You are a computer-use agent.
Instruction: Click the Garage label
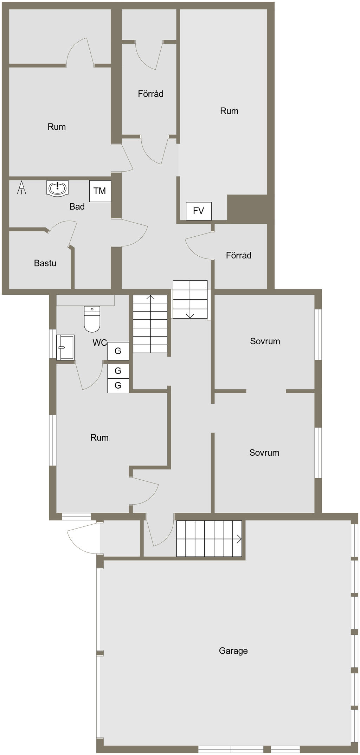(x=233, y=651)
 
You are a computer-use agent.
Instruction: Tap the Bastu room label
(x=45, y=263)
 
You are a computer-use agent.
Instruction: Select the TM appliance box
(x=100, y=191)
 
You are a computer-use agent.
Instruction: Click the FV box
(x=199, y=211)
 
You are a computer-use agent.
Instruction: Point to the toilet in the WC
(x=92, y=319)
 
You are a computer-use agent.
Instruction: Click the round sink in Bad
(x=57, y=188)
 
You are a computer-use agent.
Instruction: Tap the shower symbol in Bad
(x=22, y=187)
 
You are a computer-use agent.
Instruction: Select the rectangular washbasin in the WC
(x=65, y=347)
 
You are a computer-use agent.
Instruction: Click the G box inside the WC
(x=118, y=351)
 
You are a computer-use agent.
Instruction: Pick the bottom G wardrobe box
(x=118, y=385)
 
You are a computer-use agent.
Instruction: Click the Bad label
(x=77, y=206)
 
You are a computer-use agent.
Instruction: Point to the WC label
(x=99, y=343)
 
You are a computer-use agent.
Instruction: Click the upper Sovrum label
(x=265, y=341)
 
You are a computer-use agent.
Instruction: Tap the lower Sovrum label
(x=264, y=453)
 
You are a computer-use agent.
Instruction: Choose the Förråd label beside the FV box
(x=239, y=255)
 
